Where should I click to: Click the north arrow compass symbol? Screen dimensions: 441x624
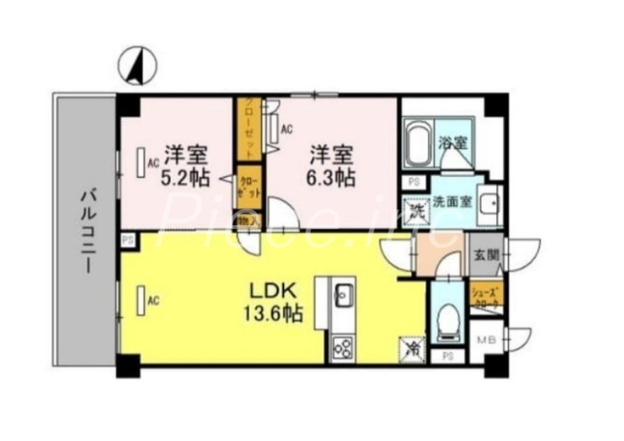[x=135, y=67]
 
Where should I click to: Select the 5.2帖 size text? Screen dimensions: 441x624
[x=185, y=177]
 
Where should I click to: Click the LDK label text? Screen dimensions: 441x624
[x=271, y=291]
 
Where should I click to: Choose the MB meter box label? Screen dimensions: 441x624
[x=487, y=339]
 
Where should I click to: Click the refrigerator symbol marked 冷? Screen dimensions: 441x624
[x=413, y=347]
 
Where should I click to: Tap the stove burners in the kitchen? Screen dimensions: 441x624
[x=343, y=348]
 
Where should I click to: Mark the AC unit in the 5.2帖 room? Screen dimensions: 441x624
[x=141, y=163]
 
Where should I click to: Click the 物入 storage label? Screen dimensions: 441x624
[x=245, y=222]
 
